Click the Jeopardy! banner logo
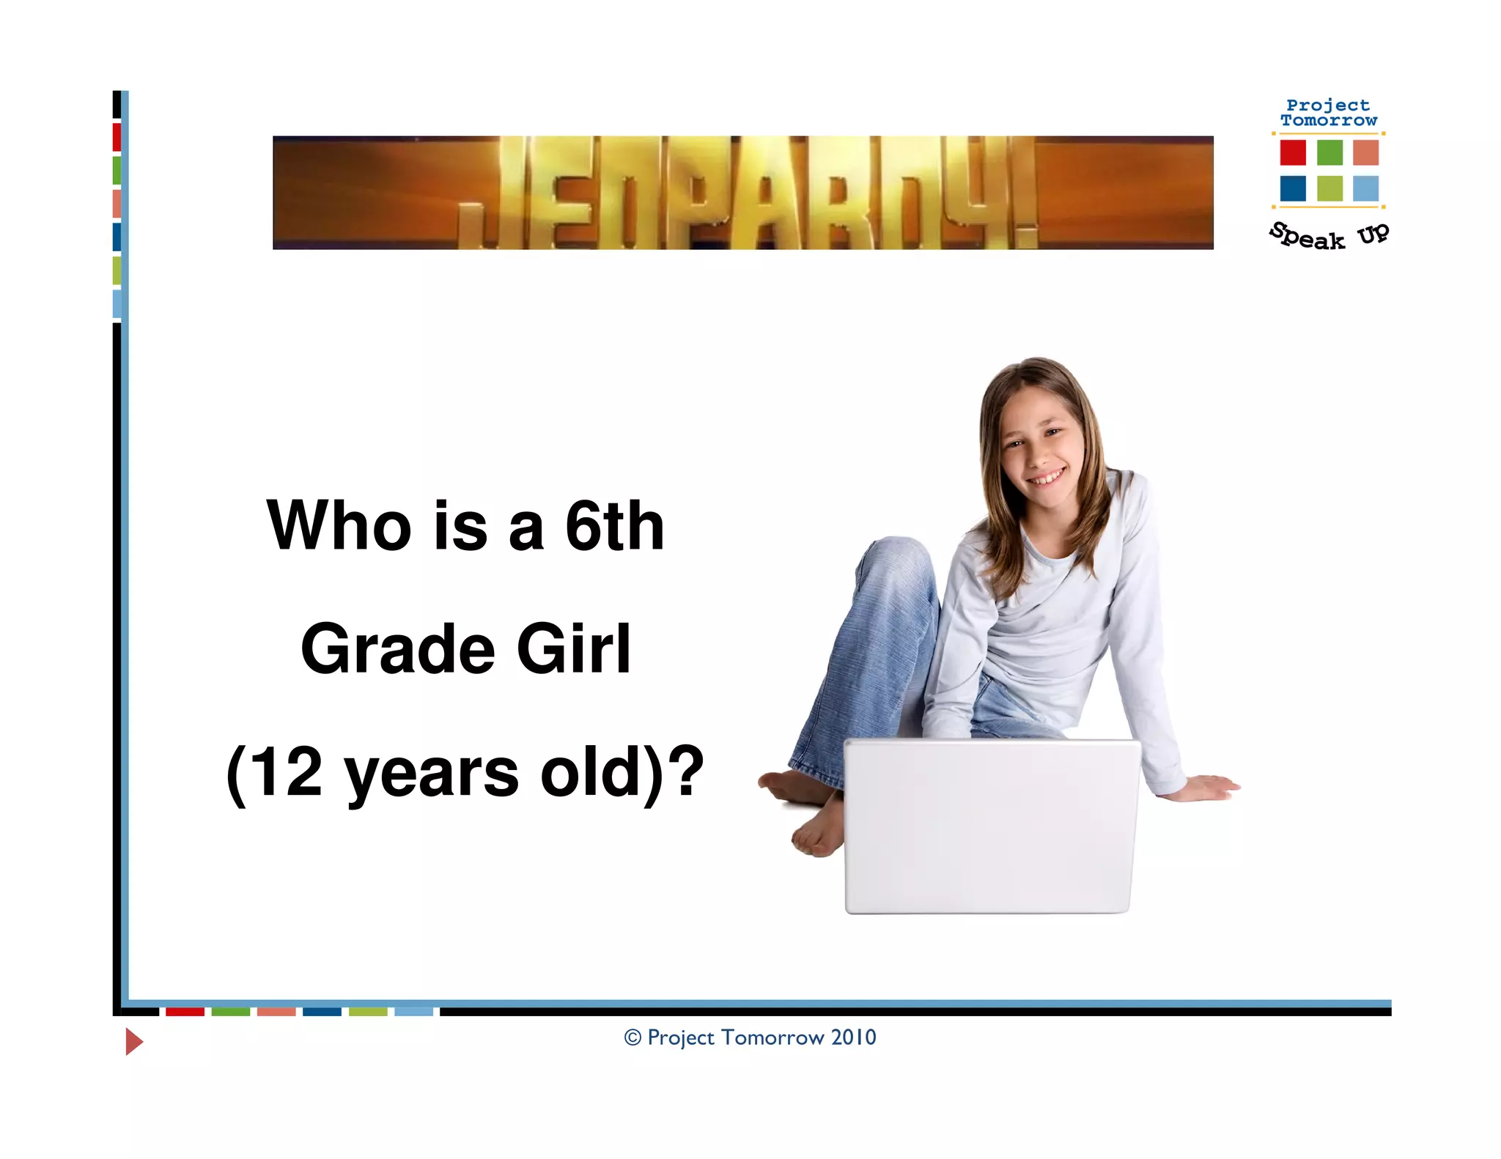(742, 193)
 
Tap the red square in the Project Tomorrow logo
(1293, 152)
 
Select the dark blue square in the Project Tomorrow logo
(1293, 188)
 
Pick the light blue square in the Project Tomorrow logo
(1365, 188)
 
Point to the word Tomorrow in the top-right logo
(1329, 121)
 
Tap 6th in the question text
(614, 525)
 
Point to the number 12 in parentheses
(285, 772)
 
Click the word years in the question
(432, 774)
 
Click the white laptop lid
(991, 826)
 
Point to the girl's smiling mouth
(1047, 478)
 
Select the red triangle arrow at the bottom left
(133, 1041)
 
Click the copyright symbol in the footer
(633, 1037)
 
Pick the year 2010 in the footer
(853, 1037)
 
